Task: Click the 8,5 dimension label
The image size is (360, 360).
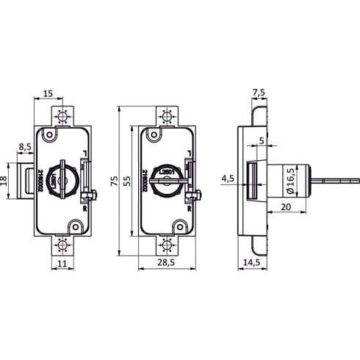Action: pyautogui.click(x=24, y=146)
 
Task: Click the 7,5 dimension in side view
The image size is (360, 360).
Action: pyautogui.click(x=259, y=93)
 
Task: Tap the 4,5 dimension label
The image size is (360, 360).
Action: pyautogui.click(x=228, y=178)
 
